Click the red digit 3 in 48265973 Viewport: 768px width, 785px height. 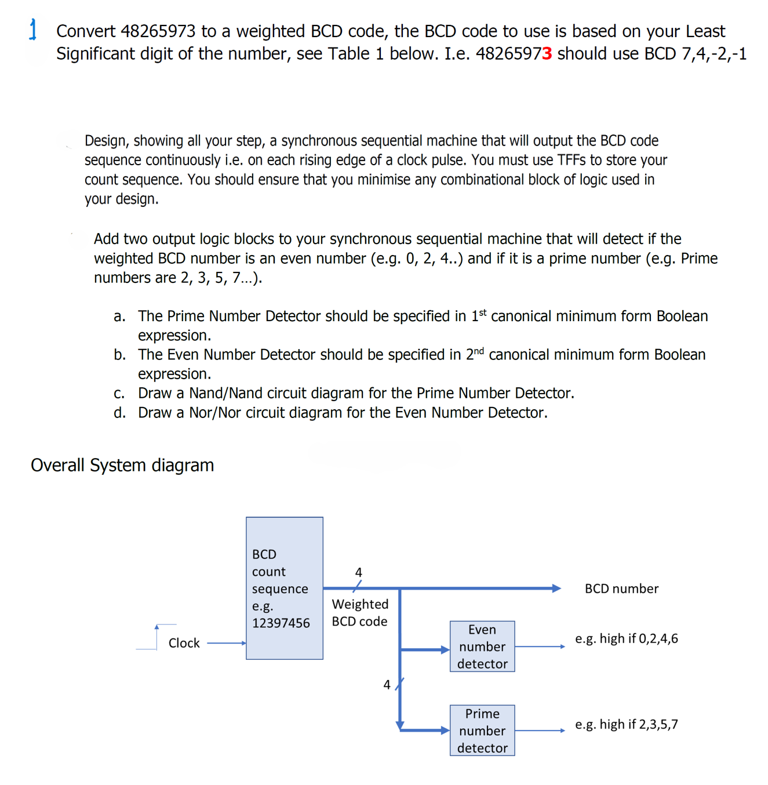coord(547,54)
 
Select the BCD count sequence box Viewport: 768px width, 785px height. coord(284,588)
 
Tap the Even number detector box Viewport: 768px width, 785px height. coord(482,646)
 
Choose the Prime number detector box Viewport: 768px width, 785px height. coord(482,731)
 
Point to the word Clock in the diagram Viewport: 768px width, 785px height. coord(184,643)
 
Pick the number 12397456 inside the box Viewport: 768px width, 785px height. coord(281,623)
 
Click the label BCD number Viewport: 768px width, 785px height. coord(621,589)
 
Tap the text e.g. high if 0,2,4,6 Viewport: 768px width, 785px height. coord(626,639)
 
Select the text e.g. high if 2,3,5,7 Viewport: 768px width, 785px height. coord(626,725)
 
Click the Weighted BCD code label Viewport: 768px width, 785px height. coord(360,613)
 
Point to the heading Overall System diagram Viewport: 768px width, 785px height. coord(122,466)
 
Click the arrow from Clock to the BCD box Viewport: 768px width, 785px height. coord(226,643)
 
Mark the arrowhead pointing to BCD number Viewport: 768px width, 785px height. coord(556,588)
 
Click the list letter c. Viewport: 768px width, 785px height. coord(119,394)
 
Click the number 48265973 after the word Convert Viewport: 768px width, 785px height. coord(158,31)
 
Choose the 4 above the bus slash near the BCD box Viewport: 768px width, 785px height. coord(358,572)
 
